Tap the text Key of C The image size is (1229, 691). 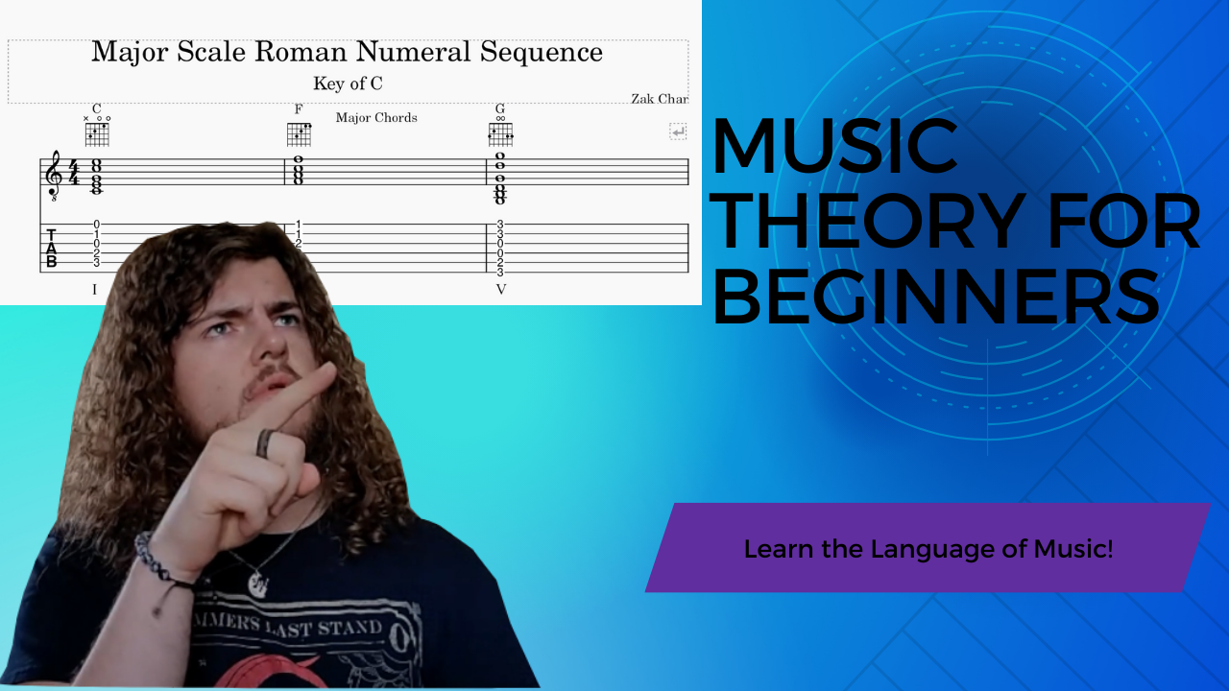[x=348, y=83]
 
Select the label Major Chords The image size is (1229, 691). [x=376, y=118]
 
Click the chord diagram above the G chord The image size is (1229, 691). [x=500, y=133]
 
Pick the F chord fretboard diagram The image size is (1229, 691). [x=300, y=133]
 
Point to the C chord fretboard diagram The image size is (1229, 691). [x=97, y=133]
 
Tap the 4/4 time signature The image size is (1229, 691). [x=74, y=173]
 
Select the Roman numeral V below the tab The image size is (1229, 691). [x=500, y=289]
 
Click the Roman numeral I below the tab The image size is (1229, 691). [x=94, y=289]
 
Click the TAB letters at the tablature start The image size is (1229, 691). [x=51, y=248]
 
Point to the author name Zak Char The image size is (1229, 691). [x=660, y=99]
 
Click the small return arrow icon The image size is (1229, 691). [x=678, y=131]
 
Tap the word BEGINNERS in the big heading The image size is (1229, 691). [x=935, y=296]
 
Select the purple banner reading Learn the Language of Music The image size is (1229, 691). [x=928, y=548]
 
